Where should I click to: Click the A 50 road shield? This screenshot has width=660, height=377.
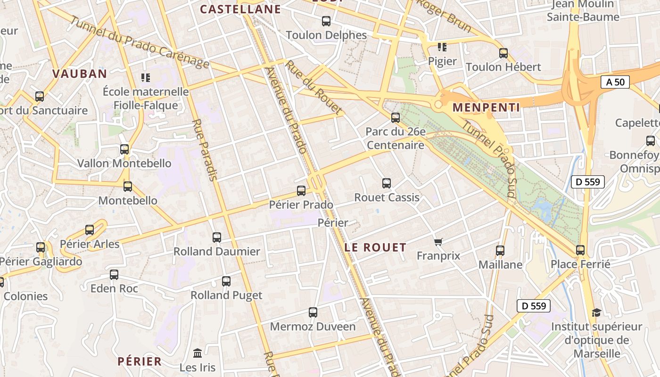[x=615, y=82]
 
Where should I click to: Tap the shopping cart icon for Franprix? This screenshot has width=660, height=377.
[x=438, y=242]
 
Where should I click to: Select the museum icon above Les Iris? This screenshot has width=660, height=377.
[x=198, y=353]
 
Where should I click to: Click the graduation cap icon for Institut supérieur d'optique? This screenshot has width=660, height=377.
[x=596, y=312]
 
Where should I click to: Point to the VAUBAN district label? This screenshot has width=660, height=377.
[x=80, y=74]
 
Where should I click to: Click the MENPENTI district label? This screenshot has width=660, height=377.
[x=486, y=107]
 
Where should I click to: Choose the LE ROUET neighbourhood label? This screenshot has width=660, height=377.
[x=375, y=247]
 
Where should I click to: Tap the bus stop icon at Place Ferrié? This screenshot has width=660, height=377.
[x=580, y=250]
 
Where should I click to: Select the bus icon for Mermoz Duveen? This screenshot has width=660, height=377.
[x=313, y=312]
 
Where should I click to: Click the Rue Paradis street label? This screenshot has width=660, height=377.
[x=205, y=150]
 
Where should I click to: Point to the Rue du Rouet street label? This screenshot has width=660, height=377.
[x=313, y=88]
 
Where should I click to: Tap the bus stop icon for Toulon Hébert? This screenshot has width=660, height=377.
[x=503, y=53]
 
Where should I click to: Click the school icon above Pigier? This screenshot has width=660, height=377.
[x=442, y=47]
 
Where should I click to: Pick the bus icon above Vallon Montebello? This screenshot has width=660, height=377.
[x=124, y=149]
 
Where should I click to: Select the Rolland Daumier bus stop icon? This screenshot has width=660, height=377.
[x=216, y=237]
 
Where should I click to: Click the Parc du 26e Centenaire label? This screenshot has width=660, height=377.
[x=395, y=139]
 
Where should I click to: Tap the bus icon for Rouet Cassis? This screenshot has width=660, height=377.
[x=387, y=183]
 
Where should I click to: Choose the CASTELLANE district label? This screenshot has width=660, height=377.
[x=240, y=9]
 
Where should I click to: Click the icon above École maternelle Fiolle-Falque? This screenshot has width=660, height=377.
[x=145, y=77]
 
